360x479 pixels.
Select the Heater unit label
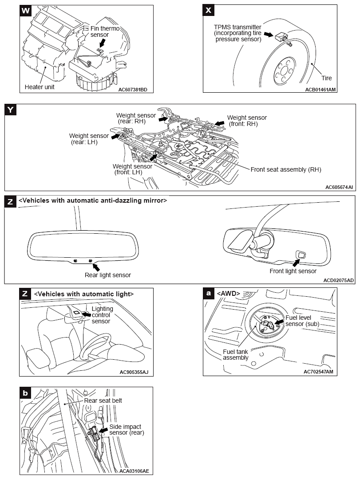point(40,87)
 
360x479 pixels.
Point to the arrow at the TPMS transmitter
point(269,34)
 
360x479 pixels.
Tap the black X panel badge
point(209,11)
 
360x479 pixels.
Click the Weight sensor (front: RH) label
point(247,121)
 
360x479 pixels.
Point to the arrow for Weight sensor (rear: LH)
point(115,137)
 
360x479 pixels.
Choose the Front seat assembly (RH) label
point(285,169)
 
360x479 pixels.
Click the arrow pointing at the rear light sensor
point(95,266)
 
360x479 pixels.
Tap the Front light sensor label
point(293,271)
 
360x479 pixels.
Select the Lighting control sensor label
point(102,315)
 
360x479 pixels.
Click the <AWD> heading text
point(228,293)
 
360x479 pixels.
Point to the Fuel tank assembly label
point(236,354)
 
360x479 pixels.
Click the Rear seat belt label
point(103,400)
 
